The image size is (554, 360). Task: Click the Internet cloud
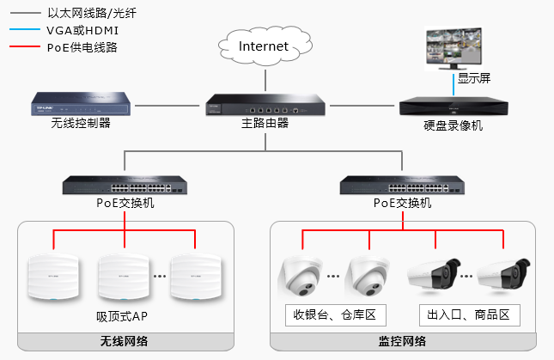point(263,47)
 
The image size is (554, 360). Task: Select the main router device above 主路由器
point(265,106)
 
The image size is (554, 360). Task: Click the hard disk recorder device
point(454,107)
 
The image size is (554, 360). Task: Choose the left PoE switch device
point(125,185)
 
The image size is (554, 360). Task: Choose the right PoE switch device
point(403,185)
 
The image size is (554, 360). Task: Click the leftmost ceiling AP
point(53,278)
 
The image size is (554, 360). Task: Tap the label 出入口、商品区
point(470,314)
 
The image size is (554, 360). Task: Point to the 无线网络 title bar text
point(125,342)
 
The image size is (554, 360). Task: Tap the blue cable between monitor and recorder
point(454,84)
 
